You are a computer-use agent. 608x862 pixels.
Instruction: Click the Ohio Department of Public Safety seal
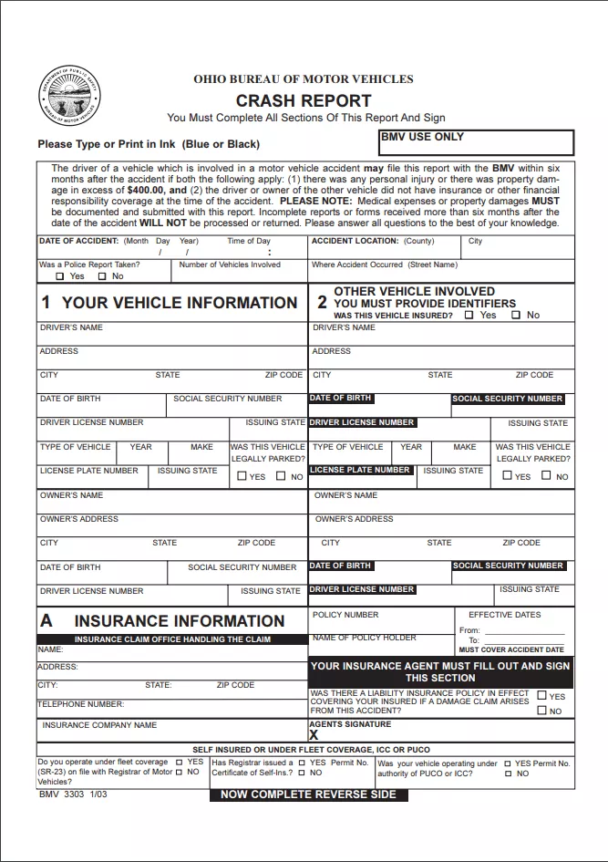pos(70,98)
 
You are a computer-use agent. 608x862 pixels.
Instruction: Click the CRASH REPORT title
pos(304,101)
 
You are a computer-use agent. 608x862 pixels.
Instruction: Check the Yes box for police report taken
pos(60,276)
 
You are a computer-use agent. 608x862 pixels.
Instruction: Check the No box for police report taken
pos(102,276)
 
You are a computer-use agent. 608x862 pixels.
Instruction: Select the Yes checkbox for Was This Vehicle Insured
pos(469,315)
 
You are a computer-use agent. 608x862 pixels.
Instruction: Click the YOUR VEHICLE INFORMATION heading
pos(170,303)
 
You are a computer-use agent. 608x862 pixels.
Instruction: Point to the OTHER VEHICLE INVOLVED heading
pos(414,292)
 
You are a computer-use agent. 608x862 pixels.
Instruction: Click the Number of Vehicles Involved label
pos(230,265)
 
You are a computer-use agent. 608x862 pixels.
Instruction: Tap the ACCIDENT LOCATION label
pos(355,242)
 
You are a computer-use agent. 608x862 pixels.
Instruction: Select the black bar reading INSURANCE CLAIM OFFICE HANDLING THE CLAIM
pos(172,639)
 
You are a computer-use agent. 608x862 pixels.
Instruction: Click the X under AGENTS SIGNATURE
pos(314,734)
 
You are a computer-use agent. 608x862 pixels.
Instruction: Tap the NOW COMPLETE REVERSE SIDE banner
pos(308,794)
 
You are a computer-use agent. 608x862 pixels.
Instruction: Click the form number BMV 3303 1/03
pos(73,794)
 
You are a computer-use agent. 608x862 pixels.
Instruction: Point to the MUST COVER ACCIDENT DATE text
pos(511,650)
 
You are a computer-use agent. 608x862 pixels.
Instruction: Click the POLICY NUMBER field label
pos(345,615)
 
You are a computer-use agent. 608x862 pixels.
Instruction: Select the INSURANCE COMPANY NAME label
pos(99,725)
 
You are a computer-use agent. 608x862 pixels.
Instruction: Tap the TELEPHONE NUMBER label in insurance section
pos(80,704)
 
